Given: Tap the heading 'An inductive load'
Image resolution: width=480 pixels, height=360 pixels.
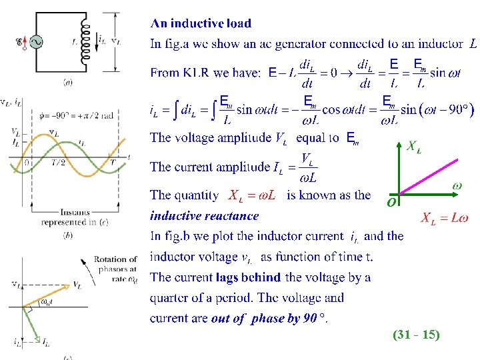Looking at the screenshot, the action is (201, 23).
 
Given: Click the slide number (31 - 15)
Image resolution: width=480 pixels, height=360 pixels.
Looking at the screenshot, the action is (416, 335).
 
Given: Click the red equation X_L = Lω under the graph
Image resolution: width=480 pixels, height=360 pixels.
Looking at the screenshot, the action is (444, 217).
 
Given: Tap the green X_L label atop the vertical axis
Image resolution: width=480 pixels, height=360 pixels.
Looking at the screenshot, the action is (413, 146).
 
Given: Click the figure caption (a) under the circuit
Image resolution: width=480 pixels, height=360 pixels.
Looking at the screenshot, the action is (68, 83).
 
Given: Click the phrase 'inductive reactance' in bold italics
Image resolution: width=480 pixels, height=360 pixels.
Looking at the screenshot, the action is (204, 215).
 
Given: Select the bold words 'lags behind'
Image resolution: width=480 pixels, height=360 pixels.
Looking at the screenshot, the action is (248, 277).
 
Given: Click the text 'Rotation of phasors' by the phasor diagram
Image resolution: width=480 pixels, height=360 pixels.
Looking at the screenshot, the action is (115, 264).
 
